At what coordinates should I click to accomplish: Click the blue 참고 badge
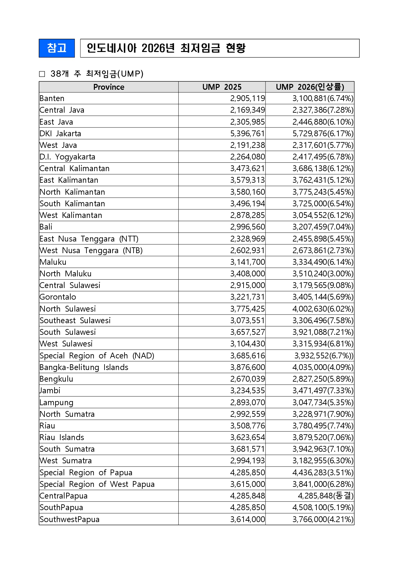[57, 48]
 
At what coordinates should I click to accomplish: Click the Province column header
[109, 87]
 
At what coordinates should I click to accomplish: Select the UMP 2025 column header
[222, 87]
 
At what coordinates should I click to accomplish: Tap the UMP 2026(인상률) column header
[310, 87]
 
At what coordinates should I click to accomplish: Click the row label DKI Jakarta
[60, 133]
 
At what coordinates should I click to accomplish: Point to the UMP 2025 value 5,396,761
[247, 133]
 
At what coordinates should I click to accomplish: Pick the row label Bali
[46, 227]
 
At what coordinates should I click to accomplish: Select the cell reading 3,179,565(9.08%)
[323, 285]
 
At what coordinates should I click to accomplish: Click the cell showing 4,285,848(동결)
[325, 496]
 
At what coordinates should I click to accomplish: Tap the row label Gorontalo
[58, 297]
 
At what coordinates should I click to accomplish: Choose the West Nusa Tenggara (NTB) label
[91, 251]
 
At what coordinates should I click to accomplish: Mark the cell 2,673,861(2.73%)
[323, 251]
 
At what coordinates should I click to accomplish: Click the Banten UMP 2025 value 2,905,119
[247, 98]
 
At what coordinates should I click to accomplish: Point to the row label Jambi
[50, 391]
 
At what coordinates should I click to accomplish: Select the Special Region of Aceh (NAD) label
[97, 356]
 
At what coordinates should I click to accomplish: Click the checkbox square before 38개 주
[42, 74]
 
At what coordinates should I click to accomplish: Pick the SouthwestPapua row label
[69, 519]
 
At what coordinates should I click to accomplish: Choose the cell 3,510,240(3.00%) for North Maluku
[323, 274]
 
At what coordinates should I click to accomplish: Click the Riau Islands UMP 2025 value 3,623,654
[247, 437]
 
